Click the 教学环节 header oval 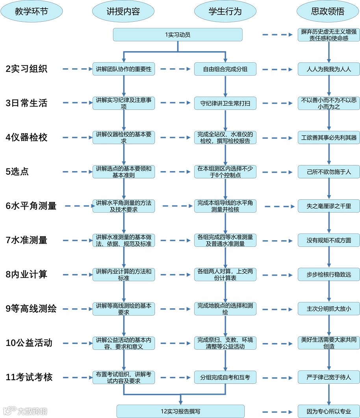pyautogui.click(x=32, y=11)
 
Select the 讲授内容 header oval pyautogui.click(x=123, y=11)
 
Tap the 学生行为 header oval pyautogui.click(x=225, y=11)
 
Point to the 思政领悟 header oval pyautogui.click(x=328, y=11)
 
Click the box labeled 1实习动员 pyautogui.click(x=178, y=35)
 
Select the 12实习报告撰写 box pyautogui.click(x=180, y=411)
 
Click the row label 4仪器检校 pyautogui.click(x=27, y=138)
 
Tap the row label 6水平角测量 pyautogui.click(x=31, y=206)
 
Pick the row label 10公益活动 pyautogui.click(x=29, y=343)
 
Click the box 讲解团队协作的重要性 pyautogui.click(x=124, y=69)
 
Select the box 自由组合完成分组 pyautogui.click(x=225, y=69)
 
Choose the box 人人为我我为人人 pyautogui.click(x=329, y=69)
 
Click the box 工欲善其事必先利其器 pyautogui.click(x=329, y=138)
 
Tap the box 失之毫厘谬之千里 pyautogui.click(x=329, y=206)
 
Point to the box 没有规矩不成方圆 pyautogui.click(x=329, y=240)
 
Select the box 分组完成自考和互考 pyautogui.click(x=225, y=377)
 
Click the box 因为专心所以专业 pyautogui.click(x=329, y=411)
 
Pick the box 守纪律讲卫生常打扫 pyautogui.click(x=225, y=103)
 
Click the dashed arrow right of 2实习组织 pyautogui.click(x=77, y=69)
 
